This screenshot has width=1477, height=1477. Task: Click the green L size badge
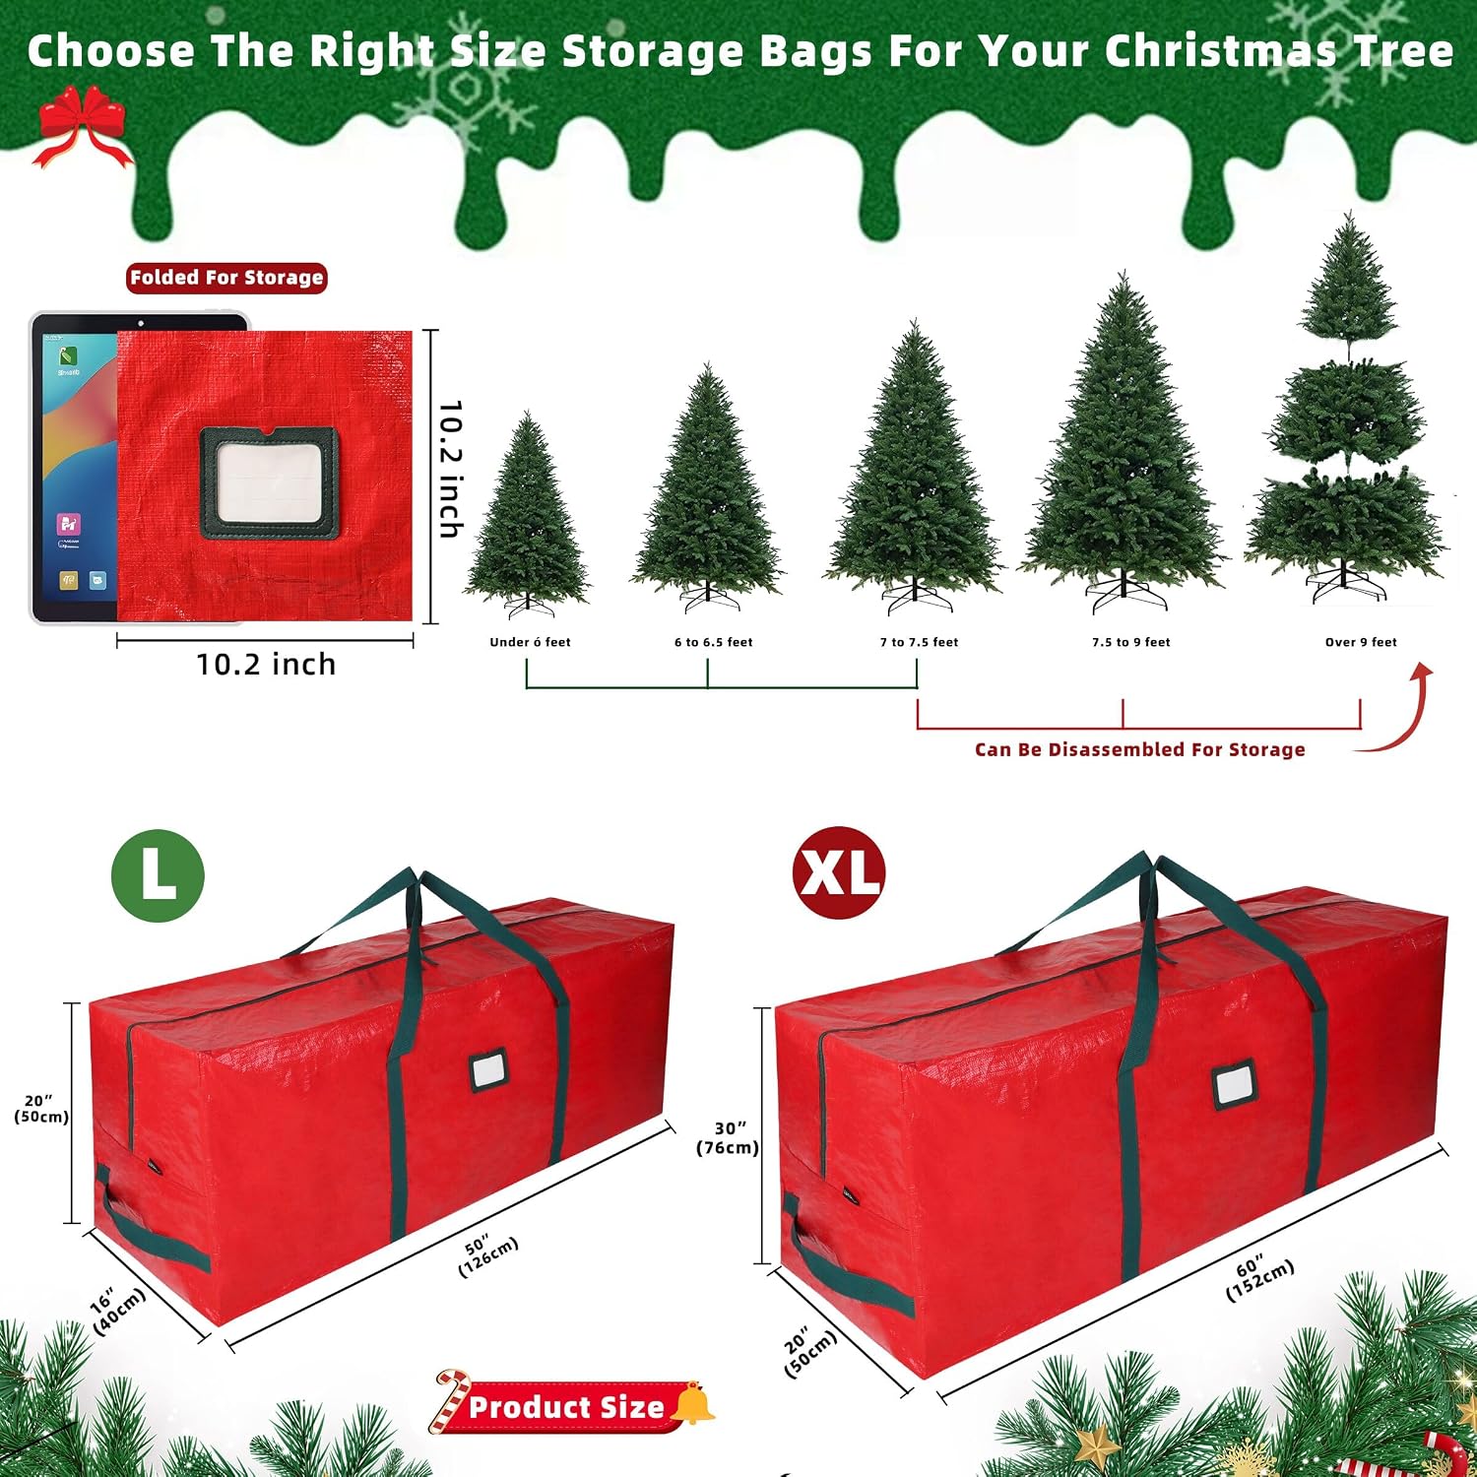coord(158,875)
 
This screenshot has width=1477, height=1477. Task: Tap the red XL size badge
coord(839,872)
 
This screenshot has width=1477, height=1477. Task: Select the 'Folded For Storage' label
coord(226,278)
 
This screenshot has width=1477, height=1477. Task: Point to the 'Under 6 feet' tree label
coord(530,642)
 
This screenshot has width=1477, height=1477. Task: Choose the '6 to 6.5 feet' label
coord(713,642)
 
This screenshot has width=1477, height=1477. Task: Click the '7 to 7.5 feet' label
coord(919,642)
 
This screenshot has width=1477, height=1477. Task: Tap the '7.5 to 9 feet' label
coord(1130,642)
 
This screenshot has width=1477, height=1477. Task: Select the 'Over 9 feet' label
coord(1361,642)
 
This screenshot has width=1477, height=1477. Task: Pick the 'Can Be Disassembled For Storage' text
coord(1139,749)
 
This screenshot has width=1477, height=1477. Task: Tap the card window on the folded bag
coord(269,482)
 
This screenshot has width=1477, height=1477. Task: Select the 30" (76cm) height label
coord(728,1137)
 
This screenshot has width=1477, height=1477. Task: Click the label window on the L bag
coord(488,1069)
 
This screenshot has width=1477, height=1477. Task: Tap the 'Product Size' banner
coord(566,1406)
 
